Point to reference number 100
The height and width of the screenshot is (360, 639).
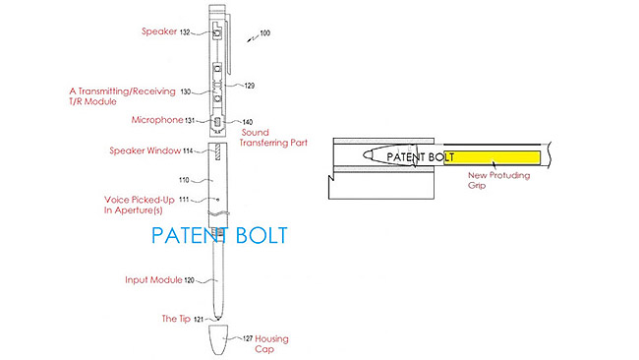point(263,33)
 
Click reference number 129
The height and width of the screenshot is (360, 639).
point(250,86)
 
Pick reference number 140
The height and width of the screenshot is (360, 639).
point(248,122)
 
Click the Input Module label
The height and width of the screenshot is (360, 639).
point(150,279)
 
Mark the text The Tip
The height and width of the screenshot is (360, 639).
point(176,319)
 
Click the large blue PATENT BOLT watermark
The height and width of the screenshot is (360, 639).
point(219,237)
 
